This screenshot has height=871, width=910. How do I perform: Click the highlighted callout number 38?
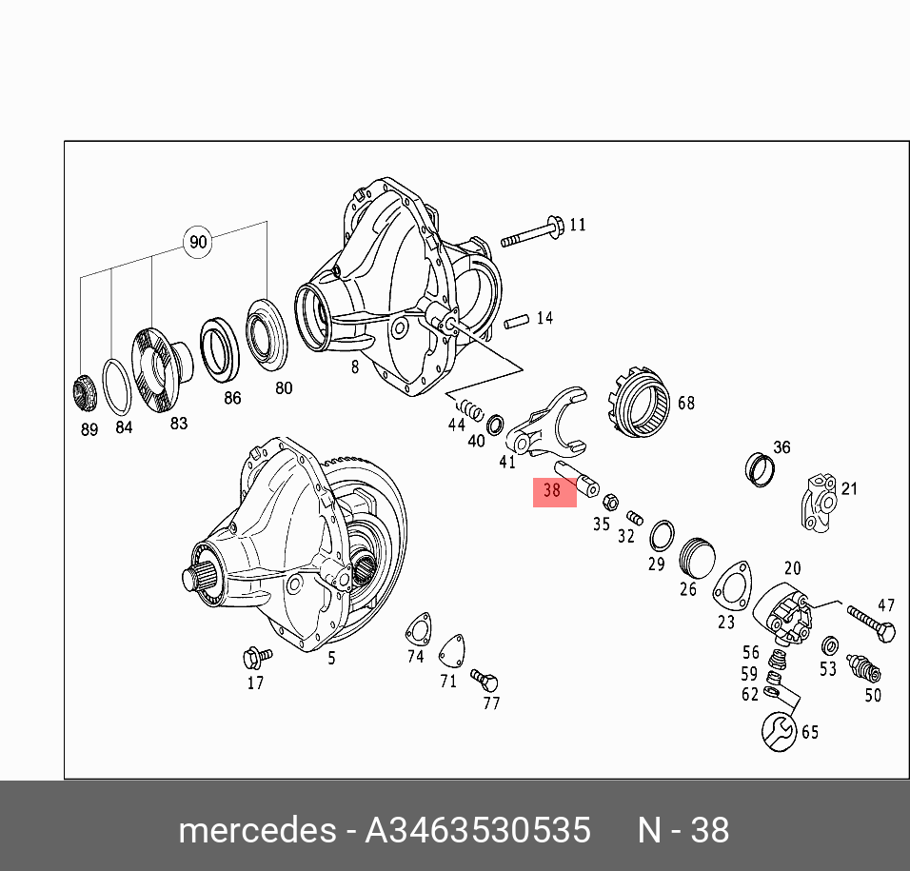pyautogui.click(x=552, y=490)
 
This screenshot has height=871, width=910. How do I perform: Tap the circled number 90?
pyautogui.click(x=198, y=242)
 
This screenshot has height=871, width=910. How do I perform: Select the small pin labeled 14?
pyautogui.click(x=516, y=321)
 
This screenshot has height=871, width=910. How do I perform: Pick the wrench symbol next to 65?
pyautogui.click(x=779, y=732)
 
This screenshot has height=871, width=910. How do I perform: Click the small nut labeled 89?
pyautogui.click(x=84, y=393)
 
